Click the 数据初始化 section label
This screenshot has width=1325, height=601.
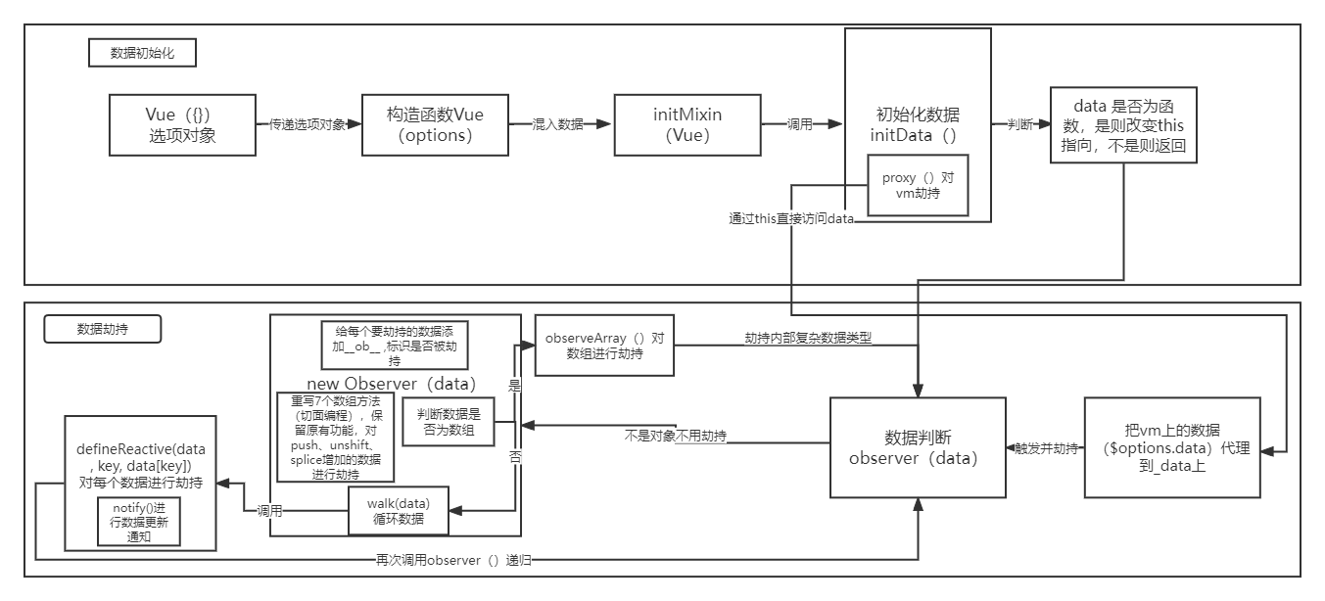click(141, 53)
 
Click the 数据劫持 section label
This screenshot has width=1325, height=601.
click(103, 330)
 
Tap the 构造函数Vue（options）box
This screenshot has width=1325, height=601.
click(435, 124)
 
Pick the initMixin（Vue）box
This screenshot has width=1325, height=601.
click(687, 124)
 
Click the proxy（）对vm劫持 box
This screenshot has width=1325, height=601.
click(918, 186)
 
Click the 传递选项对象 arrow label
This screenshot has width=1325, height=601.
click(308, 125)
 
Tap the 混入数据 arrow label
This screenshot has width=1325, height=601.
click(557, 125)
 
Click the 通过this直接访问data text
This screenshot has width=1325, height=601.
click(790, 219)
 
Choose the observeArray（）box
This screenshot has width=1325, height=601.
click(604, 346)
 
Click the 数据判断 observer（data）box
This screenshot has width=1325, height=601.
click(918, 447)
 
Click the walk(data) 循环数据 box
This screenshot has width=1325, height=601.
click(399, 511)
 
